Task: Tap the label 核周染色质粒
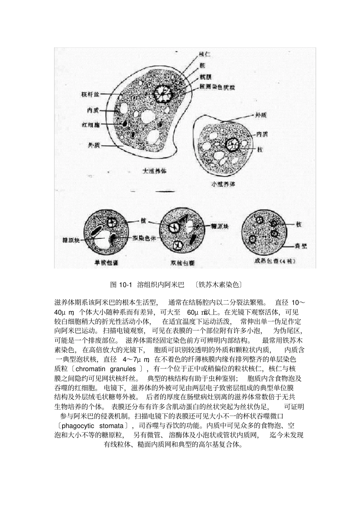pyautogui.click(x=218, y=87)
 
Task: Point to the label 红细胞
pyautogui.click(x=91, y=124)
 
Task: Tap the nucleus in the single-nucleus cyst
pyautogui.click(x=111, y=223)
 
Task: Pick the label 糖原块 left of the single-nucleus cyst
pyautogui.click(x=71, y=240)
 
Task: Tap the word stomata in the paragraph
pyautogui.click(x=111, y=425)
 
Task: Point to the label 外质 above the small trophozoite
pyautogui.click(x=261, y=114)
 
